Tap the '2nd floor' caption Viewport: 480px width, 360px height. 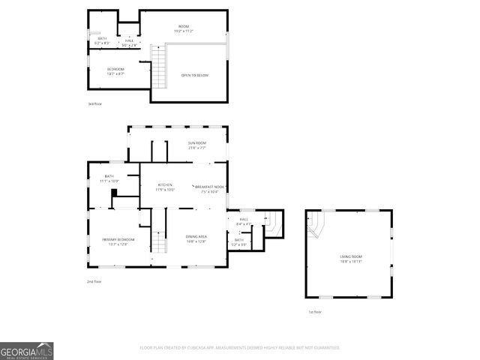[x=94, y=281]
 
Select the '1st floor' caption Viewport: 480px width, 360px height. [x=314, y=311]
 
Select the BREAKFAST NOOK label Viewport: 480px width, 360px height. [x=210, y=187]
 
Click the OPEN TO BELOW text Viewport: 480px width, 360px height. [x=194, y=76]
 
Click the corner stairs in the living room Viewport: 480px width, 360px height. [x=318, y=223]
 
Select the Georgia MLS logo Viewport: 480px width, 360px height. [x=26, y=349]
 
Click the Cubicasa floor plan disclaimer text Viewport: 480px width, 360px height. [x=239, y=347]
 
